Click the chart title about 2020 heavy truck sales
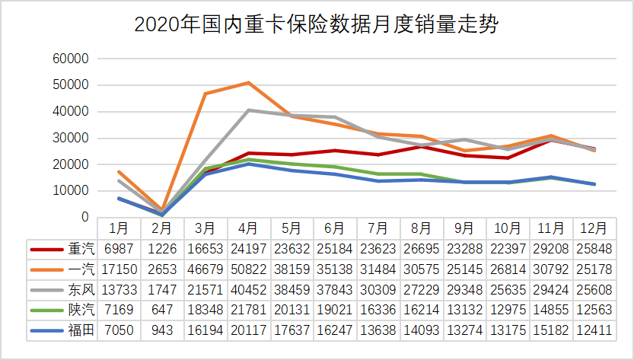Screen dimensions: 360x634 (317, 25)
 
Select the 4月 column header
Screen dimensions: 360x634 (249, 228)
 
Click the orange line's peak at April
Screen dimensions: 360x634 (249, 83)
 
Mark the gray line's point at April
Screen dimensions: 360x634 (249, 110)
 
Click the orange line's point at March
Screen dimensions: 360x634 (205, 94)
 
